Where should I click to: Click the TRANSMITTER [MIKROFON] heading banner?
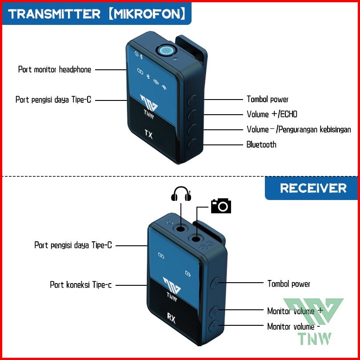(x=96, y=14)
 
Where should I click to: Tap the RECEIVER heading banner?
(x=313, y=188)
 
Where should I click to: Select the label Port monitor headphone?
(x=55, y=69)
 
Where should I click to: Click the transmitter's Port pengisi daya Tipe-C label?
(x=53, y=100)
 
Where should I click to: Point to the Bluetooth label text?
(x=261, y=144)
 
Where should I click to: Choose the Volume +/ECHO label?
(x=272, y=114)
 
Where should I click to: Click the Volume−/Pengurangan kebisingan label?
(x=299, y=129)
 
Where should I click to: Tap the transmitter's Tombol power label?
(x=268, y=99)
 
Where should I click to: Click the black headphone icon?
(x=181, y=194)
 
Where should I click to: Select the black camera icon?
(x=221, y=206)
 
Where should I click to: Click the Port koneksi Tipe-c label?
(x=81, y=285)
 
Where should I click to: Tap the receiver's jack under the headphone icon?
(x=181, y=229)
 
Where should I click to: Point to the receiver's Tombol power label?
(x=288, y=284)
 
